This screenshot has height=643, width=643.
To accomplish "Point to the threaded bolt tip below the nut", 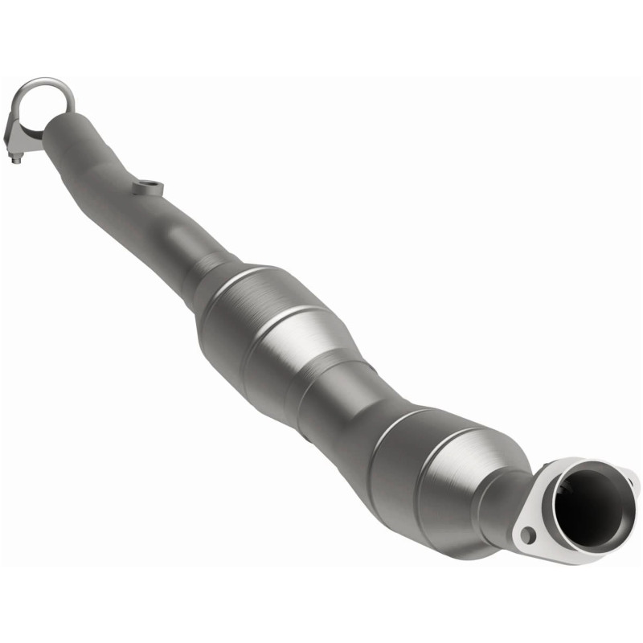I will click(x=17, y=162).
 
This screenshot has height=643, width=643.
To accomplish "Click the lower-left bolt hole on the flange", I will click(x=528, y=534).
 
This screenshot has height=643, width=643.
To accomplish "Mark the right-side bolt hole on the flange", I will click(x=631, y=482).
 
